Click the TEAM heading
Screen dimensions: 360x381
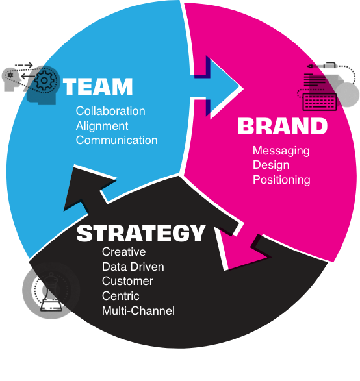pyautogui.click(x=97, y=86)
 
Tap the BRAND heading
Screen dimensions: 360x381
pyautogui.click(x=283, y=126)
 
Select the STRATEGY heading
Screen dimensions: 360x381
pyautogui.click(x=141, y=233)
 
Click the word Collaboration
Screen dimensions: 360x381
pyautogui.click(x=110, y=111)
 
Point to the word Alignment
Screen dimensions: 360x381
pyautogui.click(x=102, y=126)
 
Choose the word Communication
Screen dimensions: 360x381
pyautogui.click(x=116, y=140)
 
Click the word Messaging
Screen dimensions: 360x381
pyautogui.click(x=281, y=151)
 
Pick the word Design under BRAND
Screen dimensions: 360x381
pyautogui.click(x=271, y=165)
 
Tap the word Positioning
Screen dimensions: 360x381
pyautogui.click(x=281, y=180)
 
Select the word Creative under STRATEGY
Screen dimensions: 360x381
pyautogui.click(x=124, y=252)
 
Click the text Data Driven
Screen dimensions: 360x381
pyautogui.click(x=133, y=267)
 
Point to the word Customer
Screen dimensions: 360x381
pyautogui.click(x=127, y=281)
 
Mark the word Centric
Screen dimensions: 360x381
pyautogui.click(x=121, y=296)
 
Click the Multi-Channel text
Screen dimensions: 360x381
pyautogui.click(x=138, y=311)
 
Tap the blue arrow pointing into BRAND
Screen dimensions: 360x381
pyautogui.click(x=216, y=88)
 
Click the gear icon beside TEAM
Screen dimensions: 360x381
pyautogui.click(x=44, y=80)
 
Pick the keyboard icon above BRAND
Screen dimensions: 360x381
pyautogui.click(x=320, y=102)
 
